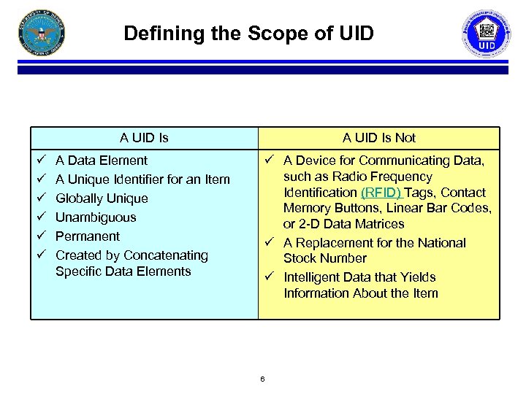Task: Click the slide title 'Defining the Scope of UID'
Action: [248, 34]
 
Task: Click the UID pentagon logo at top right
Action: [487, 33]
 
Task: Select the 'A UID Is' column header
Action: [144, 137]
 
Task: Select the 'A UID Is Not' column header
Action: [379, 137]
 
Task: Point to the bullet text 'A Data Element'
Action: [102, 161]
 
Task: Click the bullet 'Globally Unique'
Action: [102, 198]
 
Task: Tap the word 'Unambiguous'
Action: [96, 217]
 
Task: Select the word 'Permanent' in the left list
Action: [88, 236]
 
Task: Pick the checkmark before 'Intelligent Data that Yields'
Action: [270, 277]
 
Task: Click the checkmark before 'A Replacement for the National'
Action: [270, 243]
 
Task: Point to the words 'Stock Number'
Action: [325, 258]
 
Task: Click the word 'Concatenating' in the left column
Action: [166, 255]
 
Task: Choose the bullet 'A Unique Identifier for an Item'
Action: [142, 179]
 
